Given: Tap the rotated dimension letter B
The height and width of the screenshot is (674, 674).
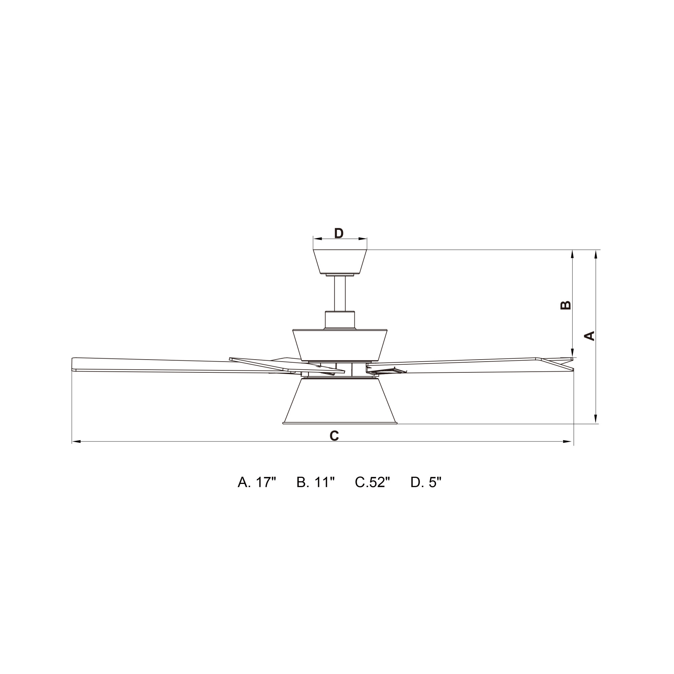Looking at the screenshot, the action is point(565,305).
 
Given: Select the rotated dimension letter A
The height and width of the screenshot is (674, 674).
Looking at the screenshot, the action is point(589,336).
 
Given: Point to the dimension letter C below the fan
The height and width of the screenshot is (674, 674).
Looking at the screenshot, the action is point(334,435).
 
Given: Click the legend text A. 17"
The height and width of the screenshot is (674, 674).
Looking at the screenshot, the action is point(257,483).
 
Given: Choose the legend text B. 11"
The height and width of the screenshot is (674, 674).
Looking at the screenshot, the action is point(316,483).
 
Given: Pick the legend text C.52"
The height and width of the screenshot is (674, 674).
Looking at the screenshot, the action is point(372,483).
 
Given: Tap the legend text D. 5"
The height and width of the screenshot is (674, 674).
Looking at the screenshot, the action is point(426,483).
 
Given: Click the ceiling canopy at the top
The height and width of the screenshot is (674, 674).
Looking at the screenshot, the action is point(340,262).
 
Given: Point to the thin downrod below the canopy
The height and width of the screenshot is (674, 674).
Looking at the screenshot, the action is point(340,294).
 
